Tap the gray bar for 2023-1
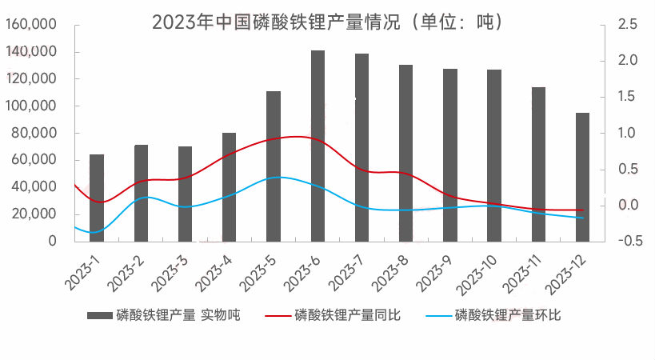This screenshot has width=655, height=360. tap(97, 197)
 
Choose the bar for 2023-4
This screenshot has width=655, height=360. tap(229, 186)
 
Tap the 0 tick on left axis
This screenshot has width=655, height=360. tap(53, 241)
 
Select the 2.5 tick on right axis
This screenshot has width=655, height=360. tap(628, 25)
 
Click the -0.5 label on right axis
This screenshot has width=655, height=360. tap(626, 241)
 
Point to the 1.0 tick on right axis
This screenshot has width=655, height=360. tap(628, 133)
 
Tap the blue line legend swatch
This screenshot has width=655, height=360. tap(435, 315)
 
